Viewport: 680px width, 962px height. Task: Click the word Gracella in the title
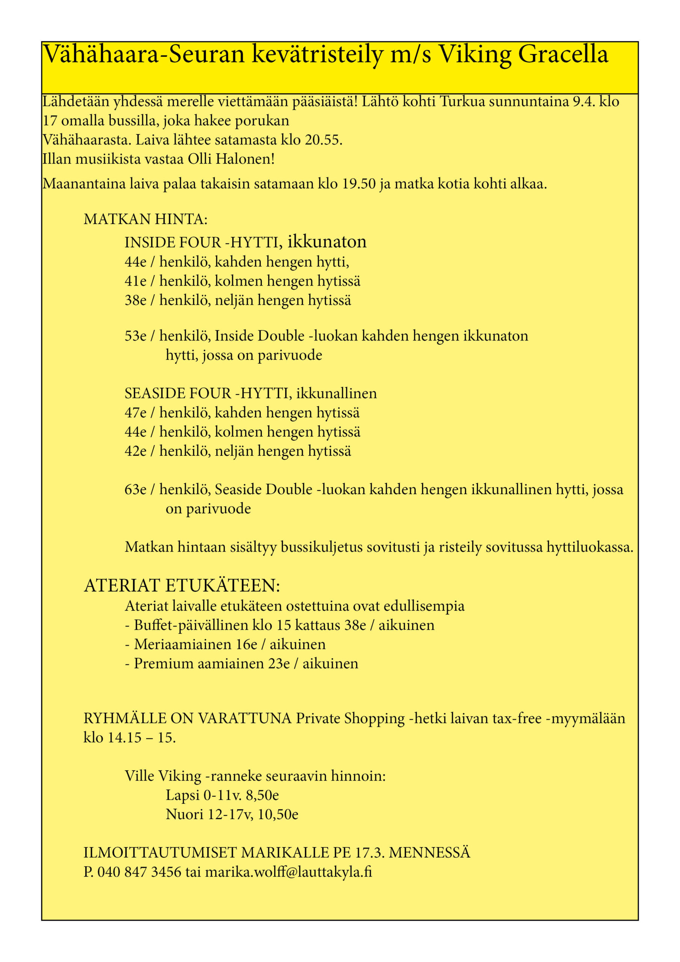click(x=563, y=54)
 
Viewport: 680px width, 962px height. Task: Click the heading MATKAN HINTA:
click(x=145, y=219)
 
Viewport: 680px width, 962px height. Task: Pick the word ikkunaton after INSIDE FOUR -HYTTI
click(x=327, y=242)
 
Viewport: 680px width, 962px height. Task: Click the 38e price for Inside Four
click(x=135, y=300)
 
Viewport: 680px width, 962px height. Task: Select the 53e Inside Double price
click(x=135, y=336)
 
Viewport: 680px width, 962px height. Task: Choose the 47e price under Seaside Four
click(x=135, y=413)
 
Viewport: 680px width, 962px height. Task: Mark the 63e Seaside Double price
click(x=135, y=489)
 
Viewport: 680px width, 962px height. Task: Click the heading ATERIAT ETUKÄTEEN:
click(x=182, y=586)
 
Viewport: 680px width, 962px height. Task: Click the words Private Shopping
click(x=350, y=718)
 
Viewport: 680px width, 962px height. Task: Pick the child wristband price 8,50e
click(x=262, y=795)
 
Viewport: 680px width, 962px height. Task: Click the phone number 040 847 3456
click(x=139, y=872)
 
